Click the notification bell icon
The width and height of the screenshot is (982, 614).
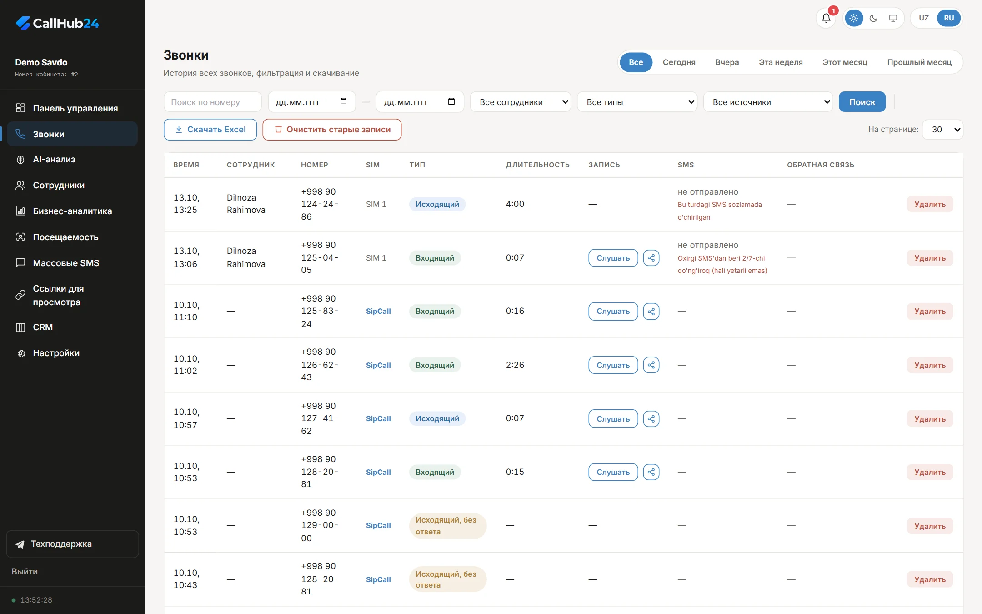[x=826, y=18]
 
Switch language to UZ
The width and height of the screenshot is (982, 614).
[x=924, y=18]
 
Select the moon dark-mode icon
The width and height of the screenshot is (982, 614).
[x=873, y=18]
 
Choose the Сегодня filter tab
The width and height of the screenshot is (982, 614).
[x=679, y=62]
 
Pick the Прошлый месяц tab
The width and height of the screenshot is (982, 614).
[x=919, y=62]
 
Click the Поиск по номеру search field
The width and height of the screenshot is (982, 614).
[x=212, y=102]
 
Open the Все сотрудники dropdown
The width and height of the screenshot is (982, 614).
[x=521, y=102]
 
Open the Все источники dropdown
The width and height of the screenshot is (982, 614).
[x=768, y=102]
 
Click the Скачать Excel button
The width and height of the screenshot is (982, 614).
[x=210, y=130]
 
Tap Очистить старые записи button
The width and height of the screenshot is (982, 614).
[x=332, y=130]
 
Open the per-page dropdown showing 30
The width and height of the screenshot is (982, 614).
[x=942, y=130]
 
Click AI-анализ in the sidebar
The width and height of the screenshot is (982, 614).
[x=54, y=160]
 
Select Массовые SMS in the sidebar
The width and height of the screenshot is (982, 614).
[x=66, y=263]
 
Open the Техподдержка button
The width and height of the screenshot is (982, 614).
[x=72, y=544]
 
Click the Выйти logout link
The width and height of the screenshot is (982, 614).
[x=25, y=572]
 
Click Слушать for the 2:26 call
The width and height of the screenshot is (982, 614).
[x=613, y=365]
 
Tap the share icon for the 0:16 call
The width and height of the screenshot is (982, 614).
[x=651, y=312]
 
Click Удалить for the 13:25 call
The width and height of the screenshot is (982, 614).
[x=930, y=204]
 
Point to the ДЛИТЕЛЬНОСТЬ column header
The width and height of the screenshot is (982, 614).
[x=537, y=165]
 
